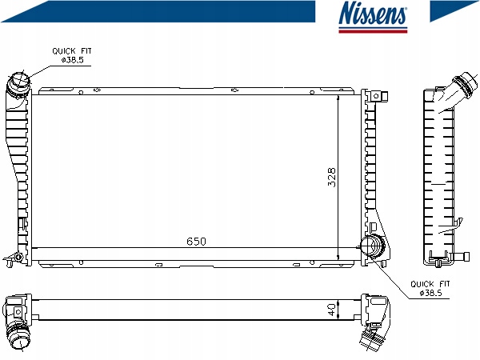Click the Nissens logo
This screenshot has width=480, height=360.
tap(373, 17)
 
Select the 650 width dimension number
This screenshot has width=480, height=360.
tap(196, 242)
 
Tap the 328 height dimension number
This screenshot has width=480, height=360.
tap(331, 177)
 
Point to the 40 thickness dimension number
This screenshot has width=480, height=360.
tap(331, 310)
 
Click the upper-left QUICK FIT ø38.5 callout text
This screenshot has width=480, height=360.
tap(72, 55)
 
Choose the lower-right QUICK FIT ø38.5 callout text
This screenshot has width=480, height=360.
tap(430, 288)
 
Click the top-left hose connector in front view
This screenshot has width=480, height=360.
tap(19, 82)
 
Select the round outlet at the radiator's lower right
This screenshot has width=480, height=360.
tap(373, 246)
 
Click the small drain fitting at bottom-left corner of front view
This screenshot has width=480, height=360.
tap(14, 258)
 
